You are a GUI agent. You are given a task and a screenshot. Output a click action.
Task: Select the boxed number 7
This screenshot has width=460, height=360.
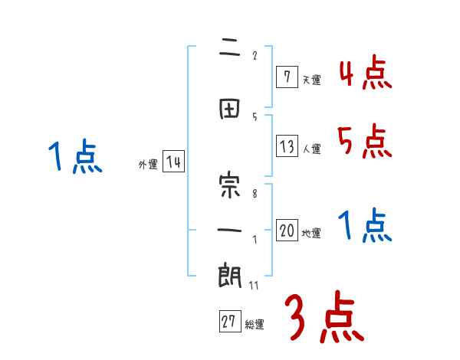coord(286,77)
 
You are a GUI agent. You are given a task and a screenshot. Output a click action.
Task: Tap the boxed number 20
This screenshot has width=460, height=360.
coord(287,231)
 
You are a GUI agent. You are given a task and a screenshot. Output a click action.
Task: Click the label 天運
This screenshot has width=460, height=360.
coord(312,79)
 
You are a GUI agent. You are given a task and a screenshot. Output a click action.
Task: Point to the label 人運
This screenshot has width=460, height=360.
coord(312,149)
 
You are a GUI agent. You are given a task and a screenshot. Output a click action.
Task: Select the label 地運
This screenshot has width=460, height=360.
coord(312,234)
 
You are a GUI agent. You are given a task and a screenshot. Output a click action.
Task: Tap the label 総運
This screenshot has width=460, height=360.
coord(255,325)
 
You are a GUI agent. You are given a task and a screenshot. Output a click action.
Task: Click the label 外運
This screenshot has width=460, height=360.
coord(147,164)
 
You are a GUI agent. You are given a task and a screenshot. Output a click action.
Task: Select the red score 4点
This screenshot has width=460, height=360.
coord(366,74)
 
